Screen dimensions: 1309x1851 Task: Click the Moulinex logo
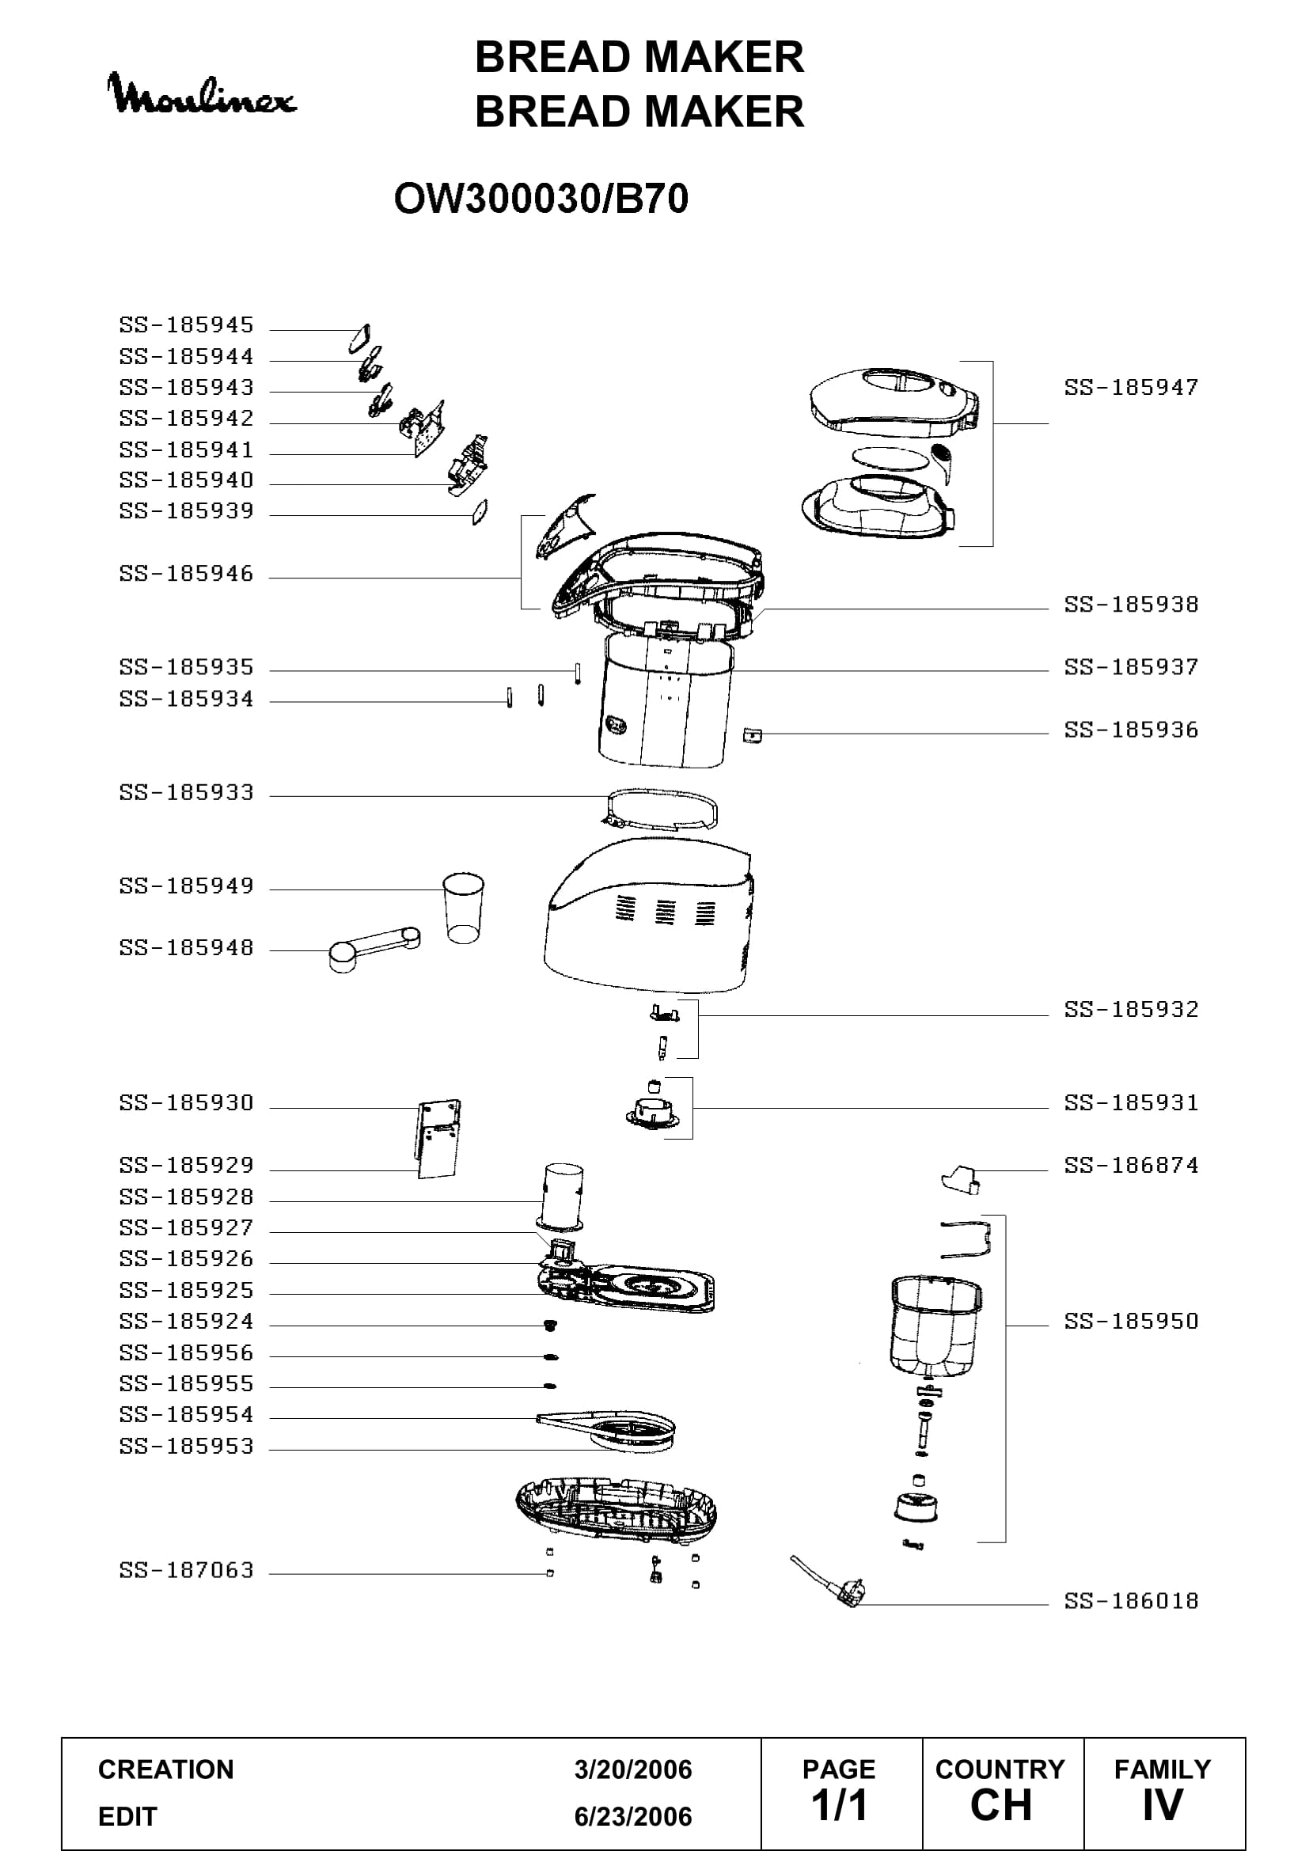[x=202, y=94]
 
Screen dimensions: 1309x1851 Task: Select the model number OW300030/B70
[x=541, y=199]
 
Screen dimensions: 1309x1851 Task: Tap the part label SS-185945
[x=186, y=325]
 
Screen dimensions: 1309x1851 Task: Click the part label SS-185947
[x=1131, y=388]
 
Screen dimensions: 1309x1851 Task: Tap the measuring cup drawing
[x=464, y=908]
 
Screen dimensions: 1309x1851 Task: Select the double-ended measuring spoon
[x=375, y=949]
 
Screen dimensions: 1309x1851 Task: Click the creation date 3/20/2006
[x=633, y=1769]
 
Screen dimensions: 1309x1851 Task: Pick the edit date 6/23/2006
[x=633, y=1816]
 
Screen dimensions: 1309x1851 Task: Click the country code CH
[x=1001, y=1805]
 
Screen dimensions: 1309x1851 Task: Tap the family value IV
[x=1163, y=1805]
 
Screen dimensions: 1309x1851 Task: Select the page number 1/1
[x=839, y=1805]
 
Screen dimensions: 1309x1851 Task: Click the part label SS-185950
[x=1131, y=1322]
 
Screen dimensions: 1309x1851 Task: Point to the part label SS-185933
[x=186, y=792]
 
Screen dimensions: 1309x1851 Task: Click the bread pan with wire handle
[x=935, y=1322]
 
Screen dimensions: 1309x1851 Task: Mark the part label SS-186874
[x=1131, y=1166]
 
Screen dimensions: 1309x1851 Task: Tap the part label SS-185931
[x=1131, y=1103]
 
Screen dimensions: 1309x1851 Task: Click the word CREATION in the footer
[x=166, y=1769]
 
